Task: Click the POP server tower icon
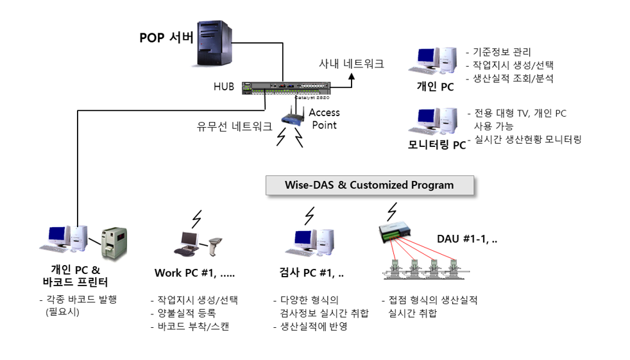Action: (x=214, y=43)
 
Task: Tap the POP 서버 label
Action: (x=166, y=38)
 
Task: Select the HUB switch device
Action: (x=286, y=88)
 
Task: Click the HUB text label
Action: (x=224, y=87)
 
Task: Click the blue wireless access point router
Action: (x=293, y=117)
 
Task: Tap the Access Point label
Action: (x=324, y=119)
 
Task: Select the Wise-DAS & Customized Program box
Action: (x=370, y=185)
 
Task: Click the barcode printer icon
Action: (x=114, y=243)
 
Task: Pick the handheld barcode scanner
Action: (x=215, y=246)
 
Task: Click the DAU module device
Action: (x=395, y=232)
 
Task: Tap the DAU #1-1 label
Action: (x=467, y=239)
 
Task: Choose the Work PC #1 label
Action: (x=194, y=273)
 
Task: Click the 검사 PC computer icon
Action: (x=309, y=243)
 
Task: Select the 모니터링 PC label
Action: (x=437, y=144)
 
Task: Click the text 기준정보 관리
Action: (x=502, y=52)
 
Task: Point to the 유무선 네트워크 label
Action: (x=234, y=126)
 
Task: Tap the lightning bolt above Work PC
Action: (x=197, y=219)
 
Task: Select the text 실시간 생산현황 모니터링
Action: (x=528, y=139)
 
